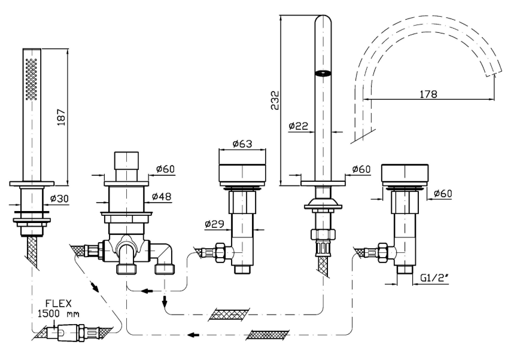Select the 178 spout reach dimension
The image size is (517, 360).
point(428,94)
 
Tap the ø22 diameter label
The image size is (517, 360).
point(297,126)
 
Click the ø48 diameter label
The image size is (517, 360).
point(163,196)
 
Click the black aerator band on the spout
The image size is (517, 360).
point(323,74)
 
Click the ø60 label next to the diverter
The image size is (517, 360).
point(165,169)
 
